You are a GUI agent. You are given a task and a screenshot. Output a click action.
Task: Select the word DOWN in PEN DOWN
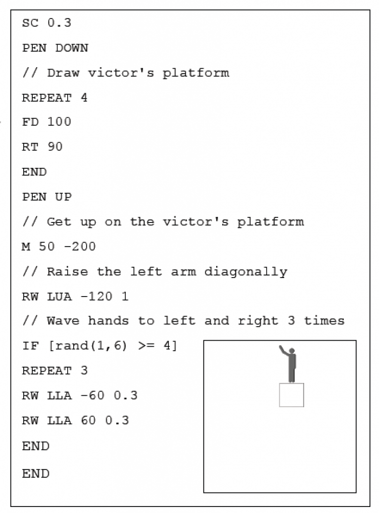(72, 48)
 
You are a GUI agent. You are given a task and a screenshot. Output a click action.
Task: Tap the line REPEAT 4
(54, 98)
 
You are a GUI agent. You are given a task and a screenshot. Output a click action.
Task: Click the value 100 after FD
(59, 122)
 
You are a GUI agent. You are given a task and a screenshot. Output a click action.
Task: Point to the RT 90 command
(42, 147)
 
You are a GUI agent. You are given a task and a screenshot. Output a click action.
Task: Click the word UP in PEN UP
(63, 197)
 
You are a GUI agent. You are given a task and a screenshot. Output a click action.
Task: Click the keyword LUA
(59, 297)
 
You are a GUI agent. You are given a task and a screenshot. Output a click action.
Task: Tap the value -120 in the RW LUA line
(97, 297)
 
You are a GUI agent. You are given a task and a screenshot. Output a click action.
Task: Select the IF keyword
(30, 346)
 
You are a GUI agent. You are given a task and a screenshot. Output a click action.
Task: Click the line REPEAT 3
(54, 371)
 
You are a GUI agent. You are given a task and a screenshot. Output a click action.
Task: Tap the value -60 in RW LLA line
(92, 396)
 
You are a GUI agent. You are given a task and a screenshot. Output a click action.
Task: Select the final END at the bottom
(35, 473)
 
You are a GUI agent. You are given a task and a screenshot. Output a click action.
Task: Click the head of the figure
(292, 351)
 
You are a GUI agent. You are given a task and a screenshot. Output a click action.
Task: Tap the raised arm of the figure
(284, 351)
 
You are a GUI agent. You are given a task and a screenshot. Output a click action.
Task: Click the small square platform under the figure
(291, 395)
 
